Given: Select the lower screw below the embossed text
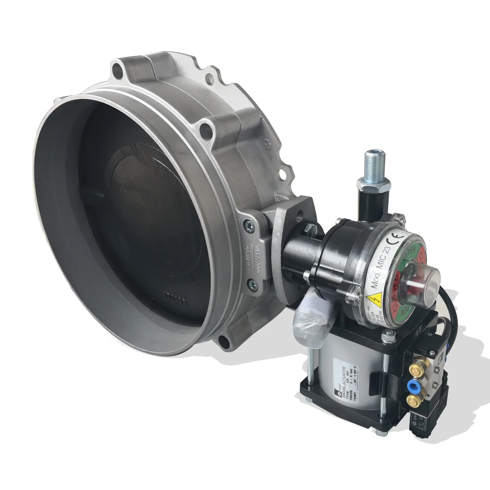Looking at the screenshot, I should pyautogui.click(x=253, y=282).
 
